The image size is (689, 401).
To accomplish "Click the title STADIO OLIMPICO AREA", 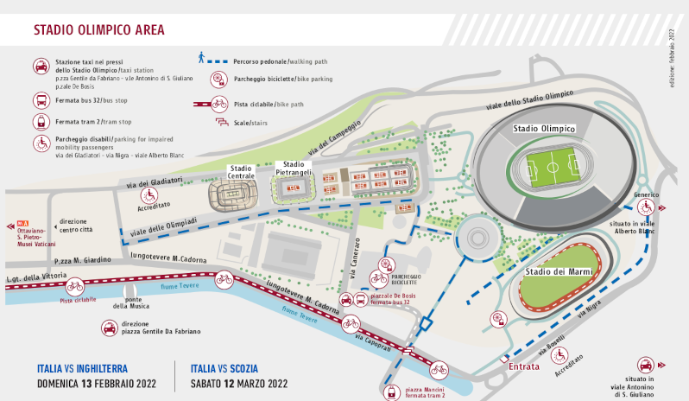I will [x=99, y=29].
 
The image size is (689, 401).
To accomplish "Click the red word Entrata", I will [x=524, y=366].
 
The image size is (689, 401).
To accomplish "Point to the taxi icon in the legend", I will [x=40, y=66].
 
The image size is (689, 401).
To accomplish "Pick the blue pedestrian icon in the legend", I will [x=201, y=57].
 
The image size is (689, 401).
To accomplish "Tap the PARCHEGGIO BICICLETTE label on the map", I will [x=404, y=279].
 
